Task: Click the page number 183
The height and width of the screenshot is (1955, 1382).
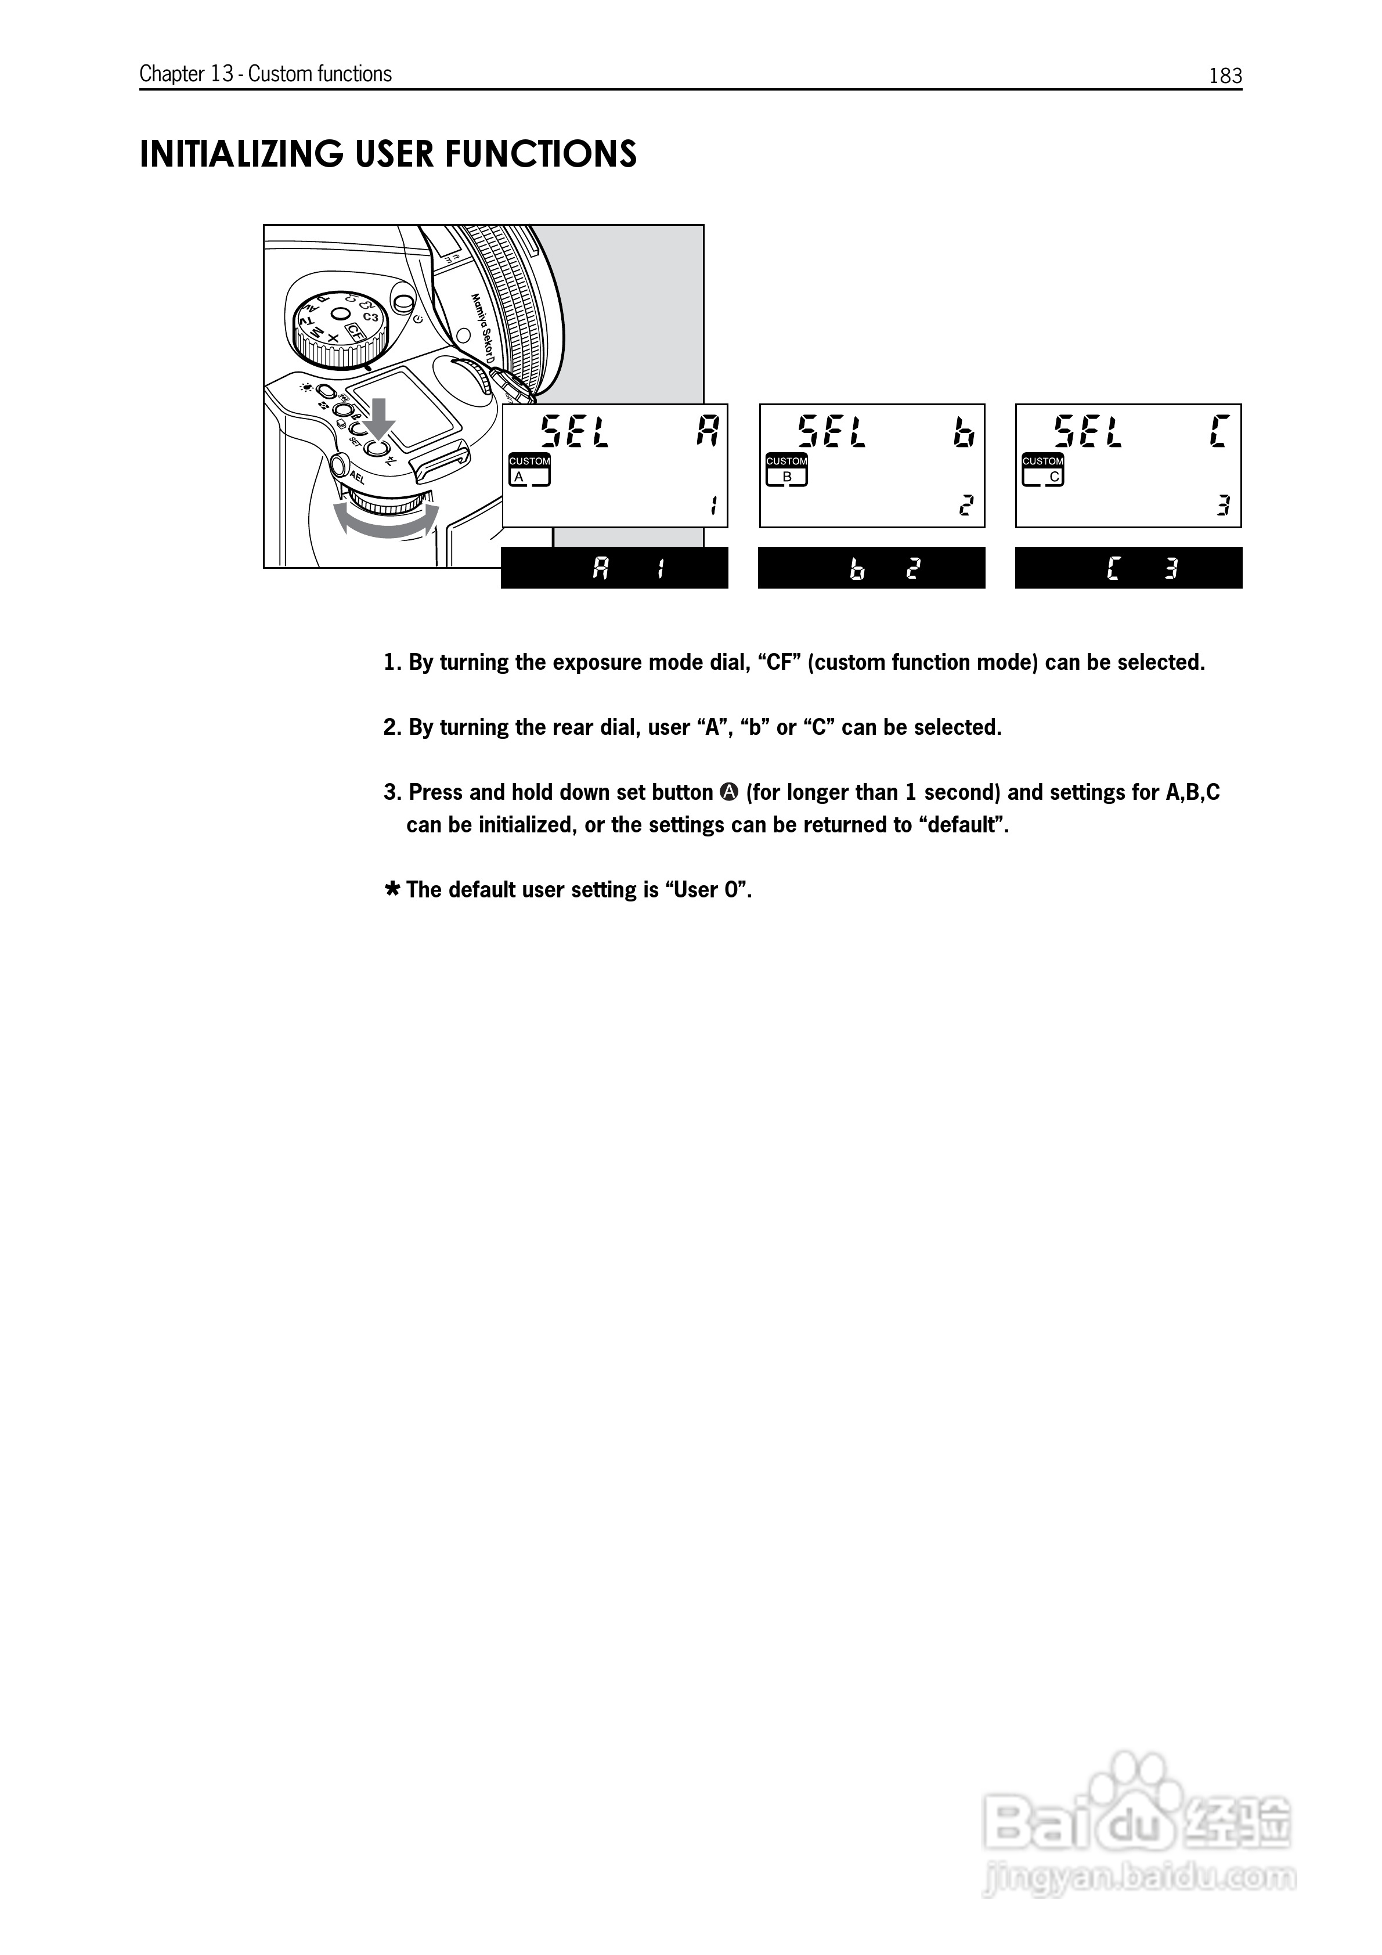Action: pos(1225,76)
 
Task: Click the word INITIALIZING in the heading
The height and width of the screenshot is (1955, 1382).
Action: pos(241,154)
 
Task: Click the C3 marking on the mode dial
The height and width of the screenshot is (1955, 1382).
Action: pos(370,317)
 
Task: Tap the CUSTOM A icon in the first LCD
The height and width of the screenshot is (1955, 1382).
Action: pos(529,469)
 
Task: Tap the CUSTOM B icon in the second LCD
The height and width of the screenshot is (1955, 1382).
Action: pos(786,469)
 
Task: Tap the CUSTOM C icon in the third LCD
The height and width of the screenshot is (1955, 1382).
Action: pos(1042,469)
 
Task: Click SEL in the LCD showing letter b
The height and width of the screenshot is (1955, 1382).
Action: pos(832,432)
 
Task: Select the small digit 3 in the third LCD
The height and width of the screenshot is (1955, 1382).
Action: pos(1223,506)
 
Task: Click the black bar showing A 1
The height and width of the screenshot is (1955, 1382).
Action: pos(614,568)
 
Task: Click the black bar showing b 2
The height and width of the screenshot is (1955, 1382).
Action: pos(871,568)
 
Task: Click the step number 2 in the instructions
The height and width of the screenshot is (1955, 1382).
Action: pos(391,728)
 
